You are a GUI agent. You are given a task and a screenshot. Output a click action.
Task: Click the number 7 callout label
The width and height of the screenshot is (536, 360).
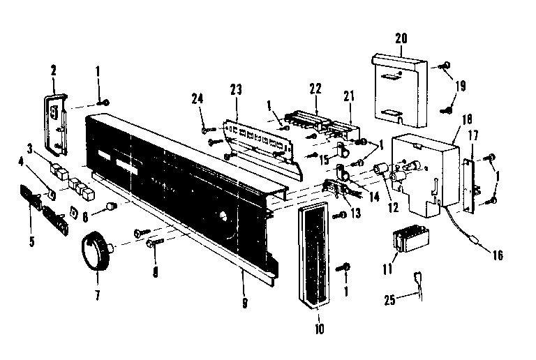click(96, 295)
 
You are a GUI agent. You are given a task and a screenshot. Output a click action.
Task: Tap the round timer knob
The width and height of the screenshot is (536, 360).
click(98, 252)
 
